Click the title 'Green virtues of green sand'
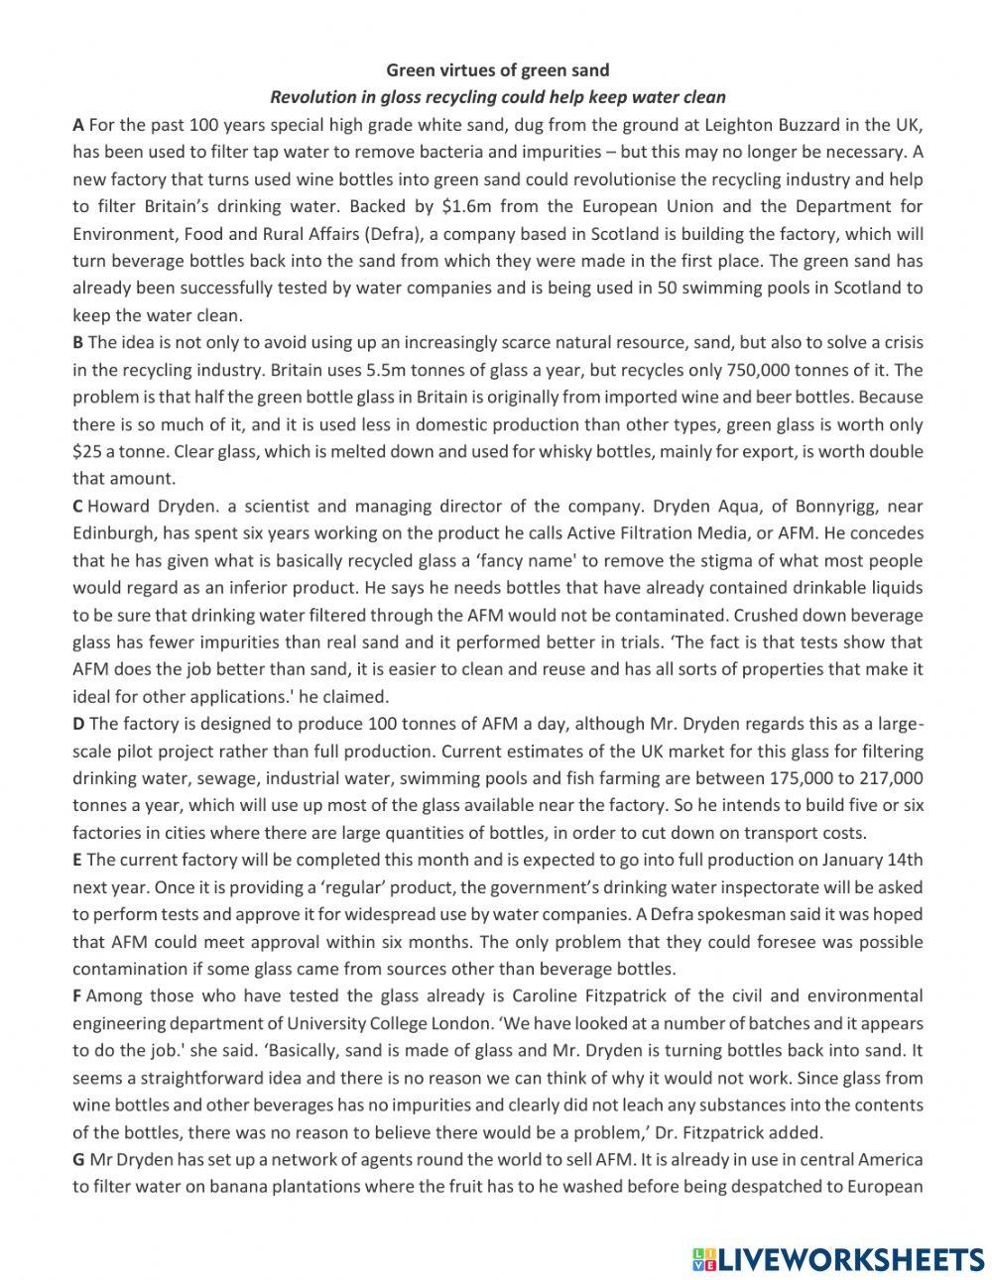[x=497, y=70]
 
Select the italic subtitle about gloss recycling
[x=497, y=97]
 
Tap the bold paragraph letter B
[x=77, y=343]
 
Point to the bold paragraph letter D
[x=78, y=724]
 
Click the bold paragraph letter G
[x=78, y=1159]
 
